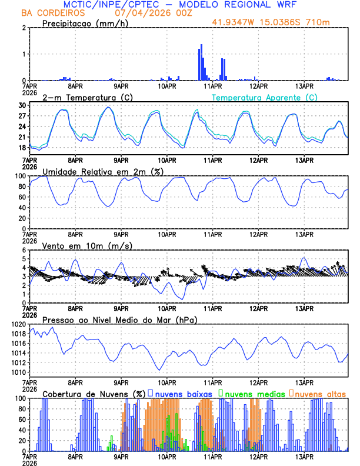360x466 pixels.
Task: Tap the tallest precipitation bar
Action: point(201,62)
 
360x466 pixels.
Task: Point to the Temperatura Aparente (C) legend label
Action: point(265,97)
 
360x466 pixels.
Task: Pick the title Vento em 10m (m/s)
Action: point(87,245)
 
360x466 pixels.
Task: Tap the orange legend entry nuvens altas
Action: point(319,393)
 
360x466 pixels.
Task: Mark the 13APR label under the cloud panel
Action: point(304,457)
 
